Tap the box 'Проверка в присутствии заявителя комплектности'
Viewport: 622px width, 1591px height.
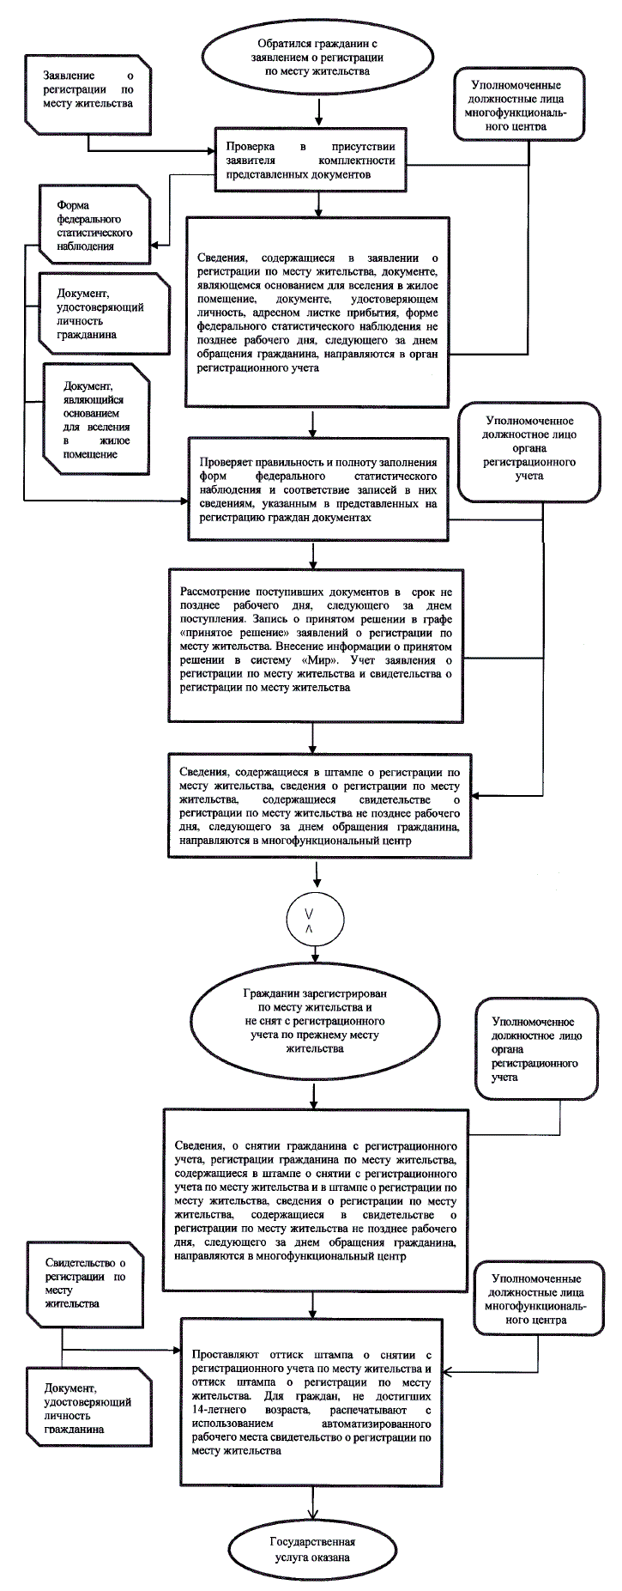pyautogui.click(x=311, y=160)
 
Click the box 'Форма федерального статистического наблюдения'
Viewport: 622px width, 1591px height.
pyautogui.click(x=94, y=226)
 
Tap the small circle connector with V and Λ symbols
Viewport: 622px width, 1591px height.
pyautogui.click(x=309, y=921)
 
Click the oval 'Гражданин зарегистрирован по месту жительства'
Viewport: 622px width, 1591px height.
pyautogui.click(x=314, y=1019)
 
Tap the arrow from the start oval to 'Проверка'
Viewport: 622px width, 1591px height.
pyautogui.click(x=318, y=110)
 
